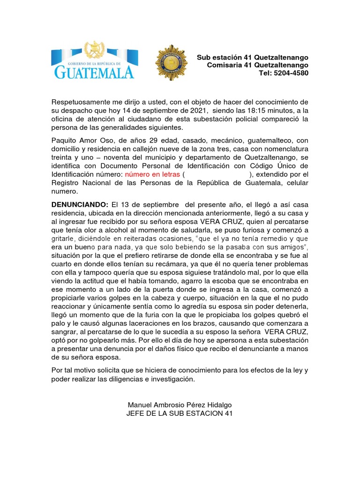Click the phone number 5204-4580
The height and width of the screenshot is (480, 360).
coord(290,73)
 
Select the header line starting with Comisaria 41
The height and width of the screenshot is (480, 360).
coord(257,65)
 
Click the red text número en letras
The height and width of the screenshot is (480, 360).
coord(152,174)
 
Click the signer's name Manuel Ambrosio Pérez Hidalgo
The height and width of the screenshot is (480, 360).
coord(180,405)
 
